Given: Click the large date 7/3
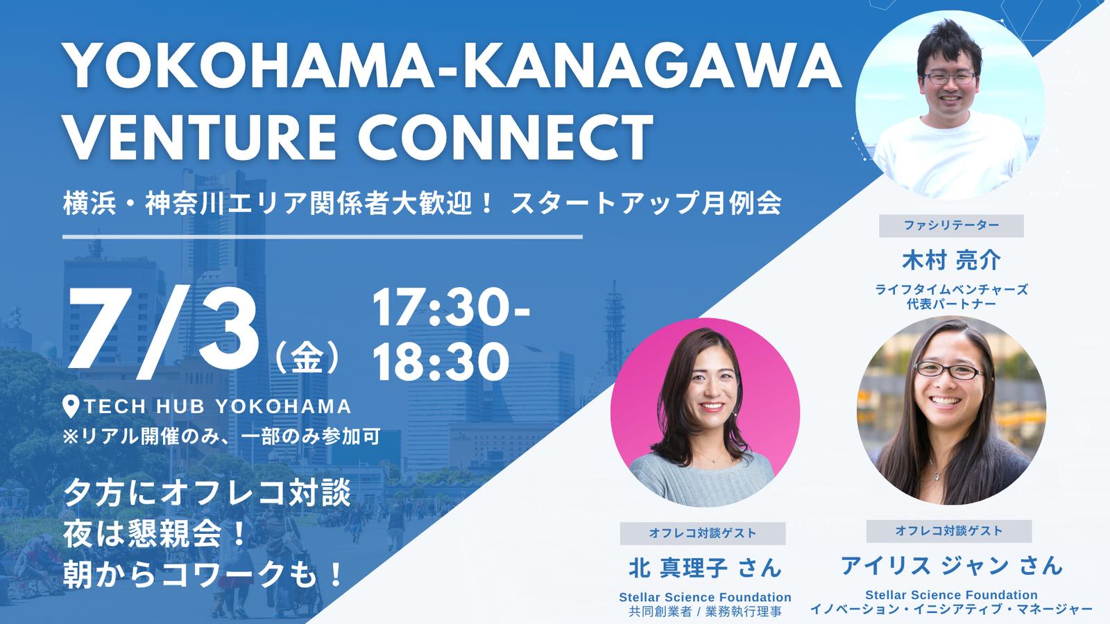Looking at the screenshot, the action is click(x=164, y=335).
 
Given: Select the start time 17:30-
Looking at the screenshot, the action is click(x=451, y=308).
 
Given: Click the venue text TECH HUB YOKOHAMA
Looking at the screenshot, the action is click(x=218, y=406).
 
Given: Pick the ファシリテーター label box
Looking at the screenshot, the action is click(x=951, y=226).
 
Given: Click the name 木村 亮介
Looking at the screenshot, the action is click(x=951, y=261).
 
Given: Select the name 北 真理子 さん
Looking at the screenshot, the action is click(x=705, y=568).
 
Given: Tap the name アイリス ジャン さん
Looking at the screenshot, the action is click(x=951, y=565).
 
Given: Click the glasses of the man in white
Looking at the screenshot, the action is click(x=949, y=78).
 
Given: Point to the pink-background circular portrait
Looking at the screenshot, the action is click(x=704, y=412).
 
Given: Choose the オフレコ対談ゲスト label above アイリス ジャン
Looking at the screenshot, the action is click(x=949, y=531).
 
